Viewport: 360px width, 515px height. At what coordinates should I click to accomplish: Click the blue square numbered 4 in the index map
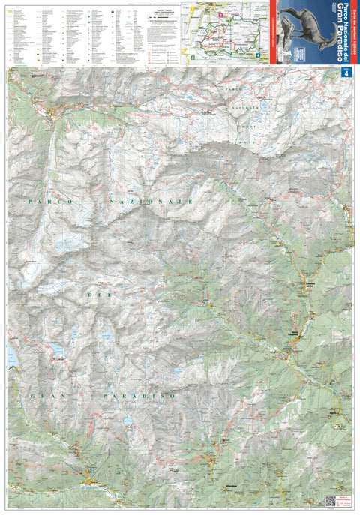(x=257, y=54)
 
